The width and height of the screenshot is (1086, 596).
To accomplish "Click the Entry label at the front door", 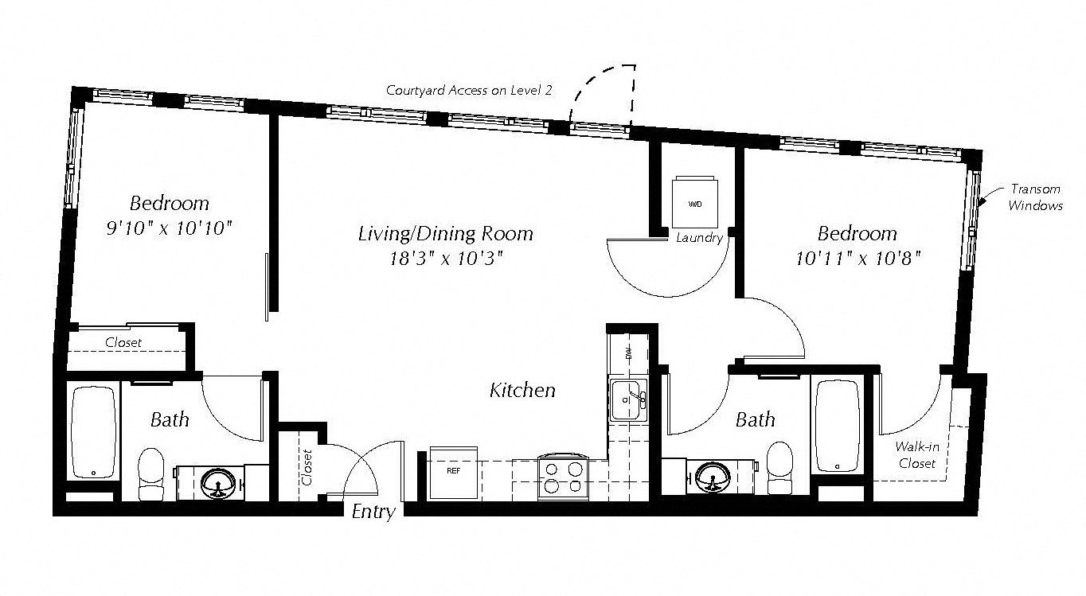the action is [373, 512].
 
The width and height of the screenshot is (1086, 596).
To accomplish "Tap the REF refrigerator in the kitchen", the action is [453, 473].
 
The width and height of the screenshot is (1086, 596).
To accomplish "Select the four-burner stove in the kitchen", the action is [562, 477].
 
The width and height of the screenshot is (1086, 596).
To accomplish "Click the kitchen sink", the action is [628, 400].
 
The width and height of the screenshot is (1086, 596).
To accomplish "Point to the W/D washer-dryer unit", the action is [695, 202].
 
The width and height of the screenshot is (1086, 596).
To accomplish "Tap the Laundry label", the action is [699, 238].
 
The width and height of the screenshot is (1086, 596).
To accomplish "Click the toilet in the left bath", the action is [150, 474].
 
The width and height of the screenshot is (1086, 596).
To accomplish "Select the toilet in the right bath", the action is [780, 467].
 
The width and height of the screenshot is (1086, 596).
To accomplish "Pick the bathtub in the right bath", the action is [838, 426].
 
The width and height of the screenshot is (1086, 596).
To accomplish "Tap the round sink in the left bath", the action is [219, 482].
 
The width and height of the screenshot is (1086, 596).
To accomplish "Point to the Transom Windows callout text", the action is [1036, 197].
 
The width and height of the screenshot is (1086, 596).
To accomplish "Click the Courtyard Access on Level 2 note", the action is [469, 90].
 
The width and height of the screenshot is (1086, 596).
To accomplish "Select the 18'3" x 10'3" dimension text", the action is [446, 259].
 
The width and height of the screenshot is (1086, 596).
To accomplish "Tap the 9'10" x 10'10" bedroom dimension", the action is [170, 228].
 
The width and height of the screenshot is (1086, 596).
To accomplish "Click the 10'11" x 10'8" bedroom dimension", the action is [857, 259].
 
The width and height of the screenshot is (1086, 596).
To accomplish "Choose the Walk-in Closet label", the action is [916, 455].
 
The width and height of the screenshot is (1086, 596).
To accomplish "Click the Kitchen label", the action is [522, 390].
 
